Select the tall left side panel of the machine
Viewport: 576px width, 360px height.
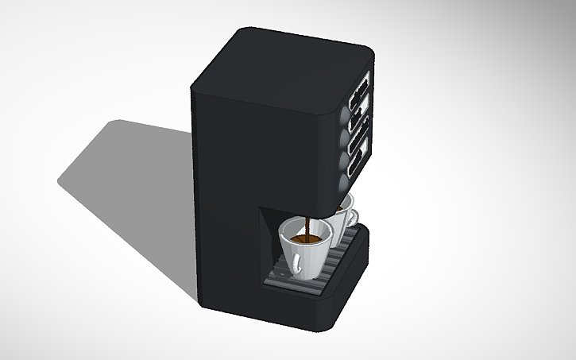(226, 199)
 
